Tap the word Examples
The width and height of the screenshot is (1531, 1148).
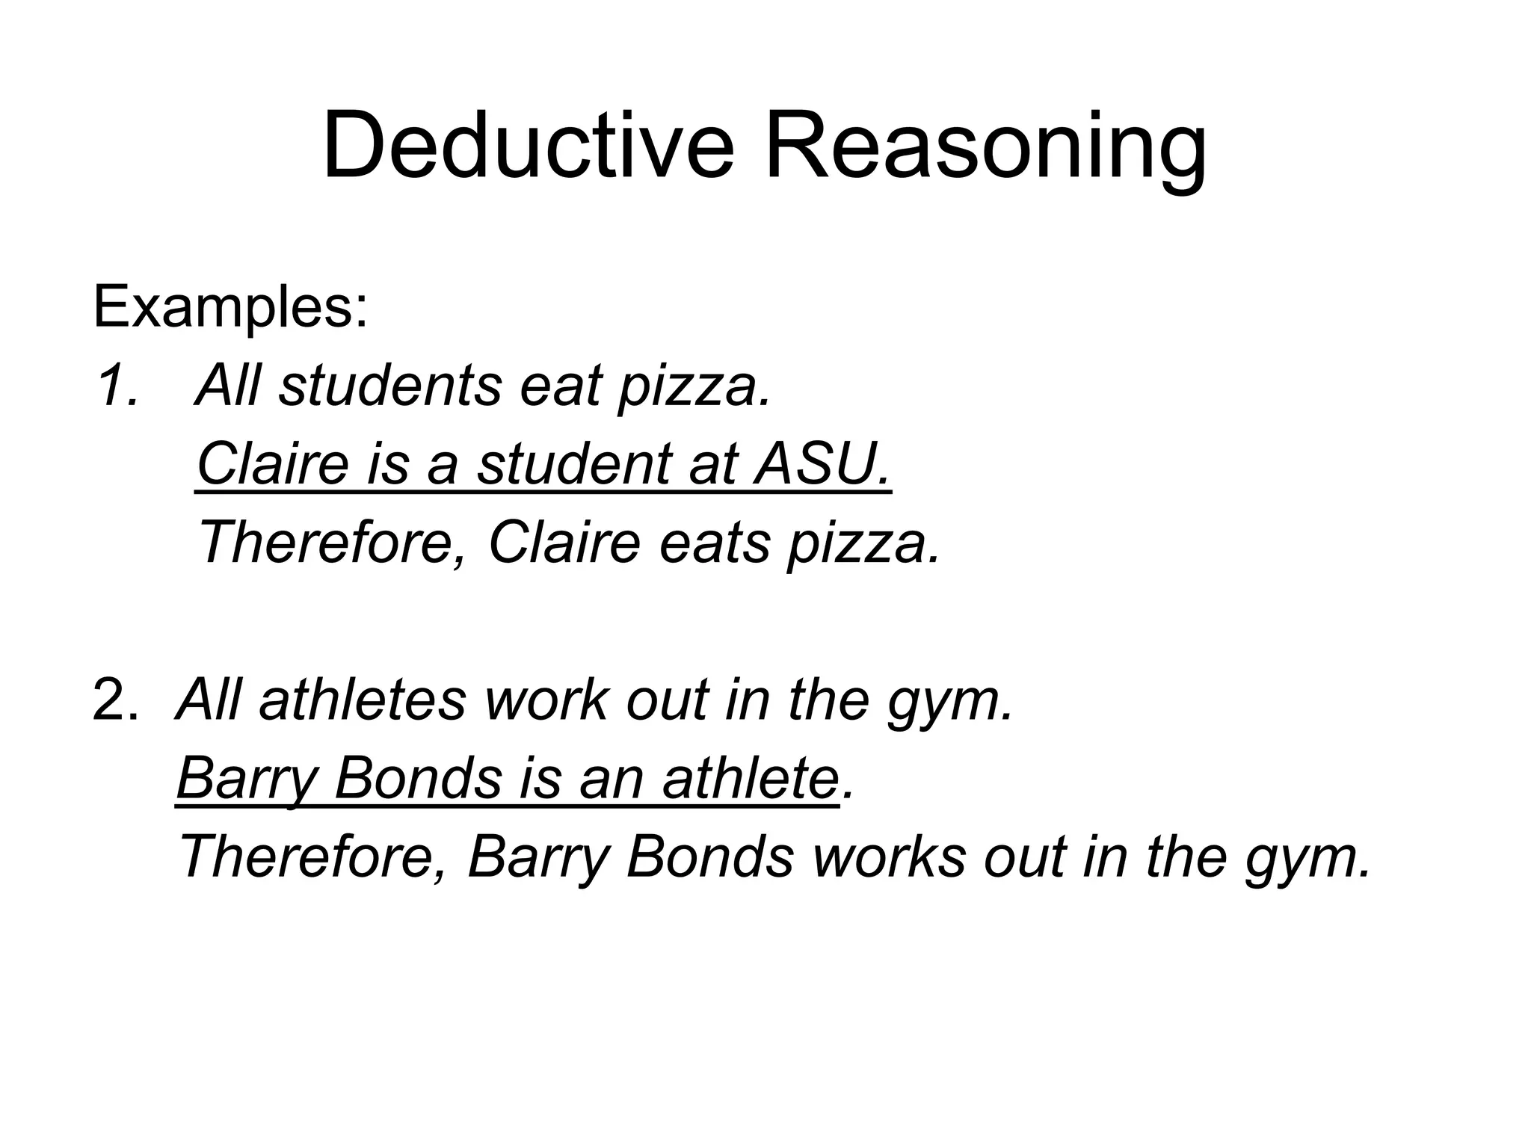230,307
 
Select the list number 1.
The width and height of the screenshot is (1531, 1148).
116,386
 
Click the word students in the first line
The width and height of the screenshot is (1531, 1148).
389,386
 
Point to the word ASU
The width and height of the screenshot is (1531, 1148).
822,464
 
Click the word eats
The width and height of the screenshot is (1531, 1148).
714,543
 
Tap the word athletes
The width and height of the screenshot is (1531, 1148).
363,700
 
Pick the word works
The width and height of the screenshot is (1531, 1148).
889,857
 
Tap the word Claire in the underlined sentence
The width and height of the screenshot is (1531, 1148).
273,464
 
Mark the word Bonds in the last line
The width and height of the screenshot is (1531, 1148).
709,857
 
